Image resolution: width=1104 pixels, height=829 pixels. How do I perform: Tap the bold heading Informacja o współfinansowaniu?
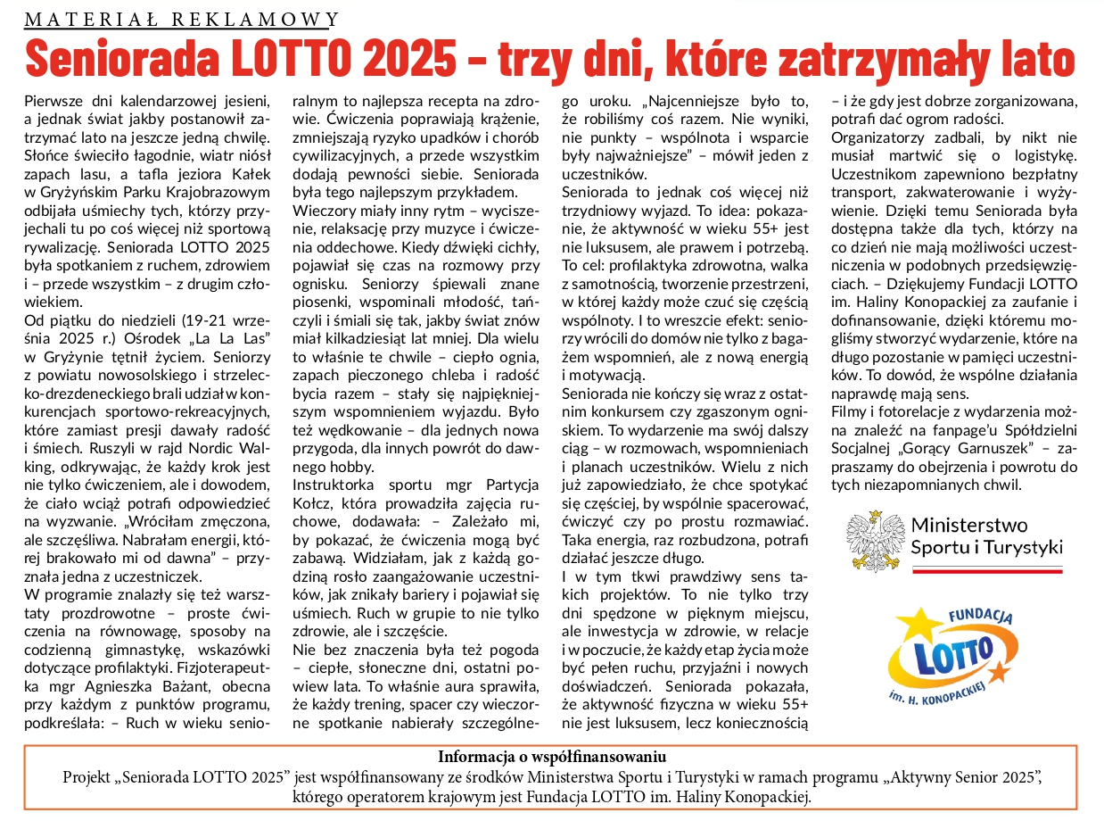[x=551, y=757]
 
